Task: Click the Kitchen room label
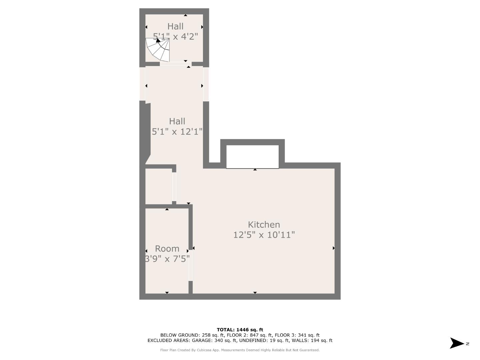(264, 225)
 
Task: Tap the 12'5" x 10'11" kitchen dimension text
(264, 235)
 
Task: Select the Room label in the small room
(167, 249)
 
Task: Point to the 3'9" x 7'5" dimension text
(167, 258)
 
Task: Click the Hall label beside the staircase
(175, 26)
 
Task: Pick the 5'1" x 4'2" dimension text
(175, 36)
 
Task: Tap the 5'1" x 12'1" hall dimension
(177, 132)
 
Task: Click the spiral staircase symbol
(158, 49)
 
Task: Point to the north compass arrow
(457, 343)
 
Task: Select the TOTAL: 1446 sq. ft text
(240, 330)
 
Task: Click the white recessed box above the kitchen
(252, 156)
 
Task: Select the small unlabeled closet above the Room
(158, 186)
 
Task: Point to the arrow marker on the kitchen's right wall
(333, 248)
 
